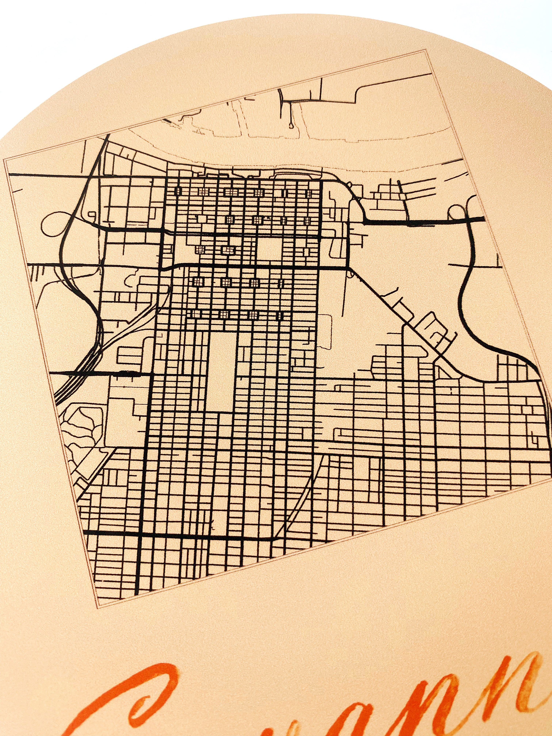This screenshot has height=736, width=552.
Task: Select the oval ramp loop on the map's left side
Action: point(53,225)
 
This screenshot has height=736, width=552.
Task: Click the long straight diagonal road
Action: point(399,319)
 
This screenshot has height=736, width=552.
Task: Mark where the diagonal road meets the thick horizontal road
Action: point(349,268)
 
